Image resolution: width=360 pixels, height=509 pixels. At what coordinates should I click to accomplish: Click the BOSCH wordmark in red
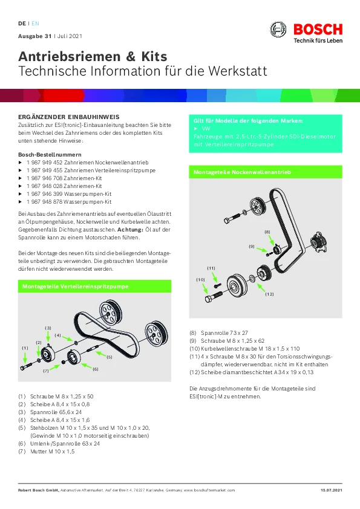click(x=318, y=29)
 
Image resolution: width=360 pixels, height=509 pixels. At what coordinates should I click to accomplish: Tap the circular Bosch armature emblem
click(x=278, y=29)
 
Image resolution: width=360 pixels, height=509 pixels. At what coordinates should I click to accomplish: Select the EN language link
click(x=35, y=24)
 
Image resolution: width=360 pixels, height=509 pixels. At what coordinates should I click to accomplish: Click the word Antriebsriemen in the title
click(x=69, y=56)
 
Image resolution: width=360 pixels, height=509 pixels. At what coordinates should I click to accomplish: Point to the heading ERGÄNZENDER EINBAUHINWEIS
click(x=69, y=117)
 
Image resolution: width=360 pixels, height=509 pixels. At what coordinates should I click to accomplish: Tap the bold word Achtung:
click(x=130, y=230)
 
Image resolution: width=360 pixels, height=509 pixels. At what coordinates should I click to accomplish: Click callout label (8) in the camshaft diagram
click(x=267, y=232)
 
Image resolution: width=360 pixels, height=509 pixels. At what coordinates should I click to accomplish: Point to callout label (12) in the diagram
click(x=269, y=294)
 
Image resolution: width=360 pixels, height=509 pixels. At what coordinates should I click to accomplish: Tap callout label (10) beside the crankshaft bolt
click(x=200, y=279)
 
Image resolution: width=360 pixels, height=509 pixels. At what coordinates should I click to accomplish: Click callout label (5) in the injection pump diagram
click(x=110, y=357)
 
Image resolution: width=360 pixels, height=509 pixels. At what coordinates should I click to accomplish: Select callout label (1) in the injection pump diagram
click(x=25, y=348)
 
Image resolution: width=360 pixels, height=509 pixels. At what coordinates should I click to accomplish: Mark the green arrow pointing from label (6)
click(x=86, y=366)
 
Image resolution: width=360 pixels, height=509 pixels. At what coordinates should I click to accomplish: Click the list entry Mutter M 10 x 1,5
click(x=52, y=451)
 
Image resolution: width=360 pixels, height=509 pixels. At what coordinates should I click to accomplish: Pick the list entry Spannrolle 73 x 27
click(x=224, y=332)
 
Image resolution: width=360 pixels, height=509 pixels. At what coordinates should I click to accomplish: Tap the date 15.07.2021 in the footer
click(x=332, y=490)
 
